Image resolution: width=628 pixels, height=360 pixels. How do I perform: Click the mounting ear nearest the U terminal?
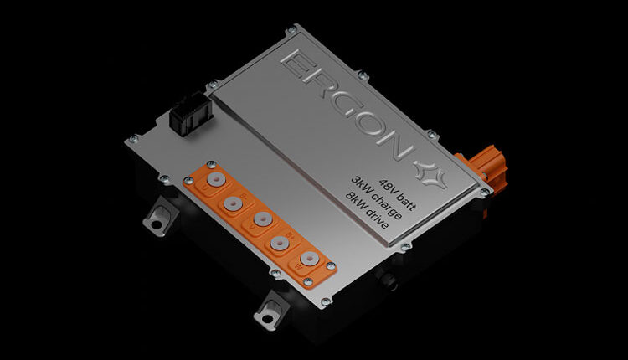154,219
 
